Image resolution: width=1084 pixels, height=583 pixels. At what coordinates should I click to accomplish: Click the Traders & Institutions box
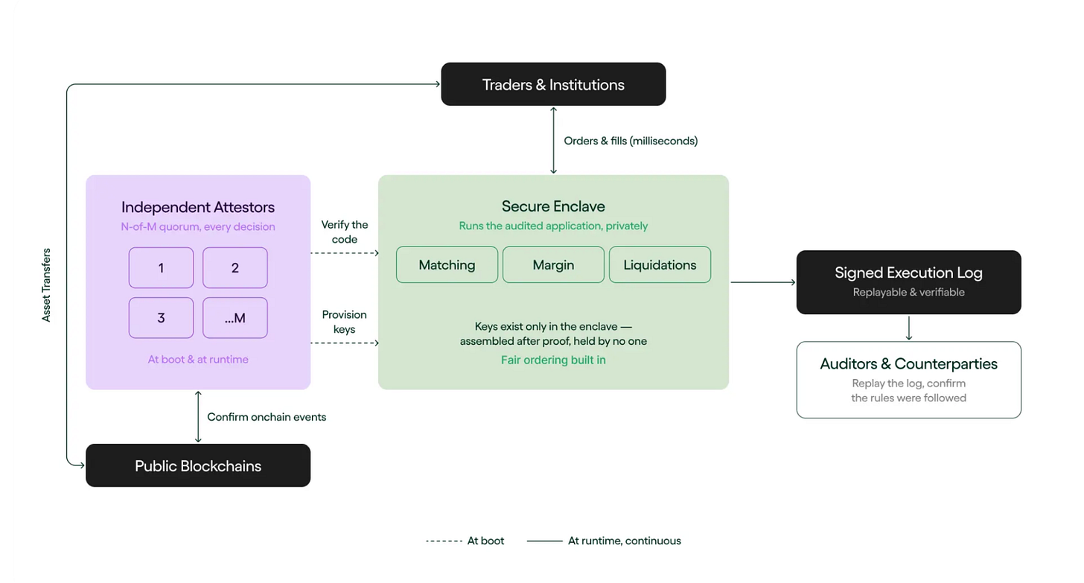553,84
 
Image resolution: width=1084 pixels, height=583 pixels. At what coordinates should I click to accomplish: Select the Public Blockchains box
198,465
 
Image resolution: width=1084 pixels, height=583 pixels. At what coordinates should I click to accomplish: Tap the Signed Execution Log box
909,282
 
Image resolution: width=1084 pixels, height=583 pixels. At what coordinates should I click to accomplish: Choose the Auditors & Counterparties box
909,380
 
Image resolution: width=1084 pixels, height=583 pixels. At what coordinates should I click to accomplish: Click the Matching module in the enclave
447,264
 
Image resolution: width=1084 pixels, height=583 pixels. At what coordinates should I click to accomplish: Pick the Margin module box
553,264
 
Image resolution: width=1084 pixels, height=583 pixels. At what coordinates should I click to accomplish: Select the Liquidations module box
660,264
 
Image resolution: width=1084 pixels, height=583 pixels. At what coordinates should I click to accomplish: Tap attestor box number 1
161,267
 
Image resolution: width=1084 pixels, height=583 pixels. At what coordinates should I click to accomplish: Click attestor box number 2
235,267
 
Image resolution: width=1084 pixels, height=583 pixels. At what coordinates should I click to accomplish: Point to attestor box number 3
161,318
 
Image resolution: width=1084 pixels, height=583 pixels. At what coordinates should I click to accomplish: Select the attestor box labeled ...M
235,318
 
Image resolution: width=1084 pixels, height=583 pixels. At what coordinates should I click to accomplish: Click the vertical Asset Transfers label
46,285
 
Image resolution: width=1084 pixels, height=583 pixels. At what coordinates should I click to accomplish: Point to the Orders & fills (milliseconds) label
631,141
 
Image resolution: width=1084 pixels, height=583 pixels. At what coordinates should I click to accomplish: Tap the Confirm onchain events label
267,417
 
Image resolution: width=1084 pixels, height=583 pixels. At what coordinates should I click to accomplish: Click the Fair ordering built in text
553,360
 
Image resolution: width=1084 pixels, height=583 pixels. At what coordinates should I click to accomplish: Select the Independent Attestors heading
198,207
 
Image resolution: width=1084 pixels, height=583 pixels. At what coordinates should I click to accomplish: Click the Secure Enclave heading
553,206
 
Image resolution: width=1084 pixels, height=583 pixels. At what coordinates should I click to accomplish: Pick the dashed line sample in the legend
444,541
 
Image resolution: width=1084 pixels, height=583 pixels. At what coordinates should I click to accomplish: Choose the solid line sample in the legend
544,541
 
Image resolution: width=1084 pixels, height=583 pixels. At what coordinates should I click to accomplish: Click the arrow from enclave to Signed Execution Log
763,282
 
